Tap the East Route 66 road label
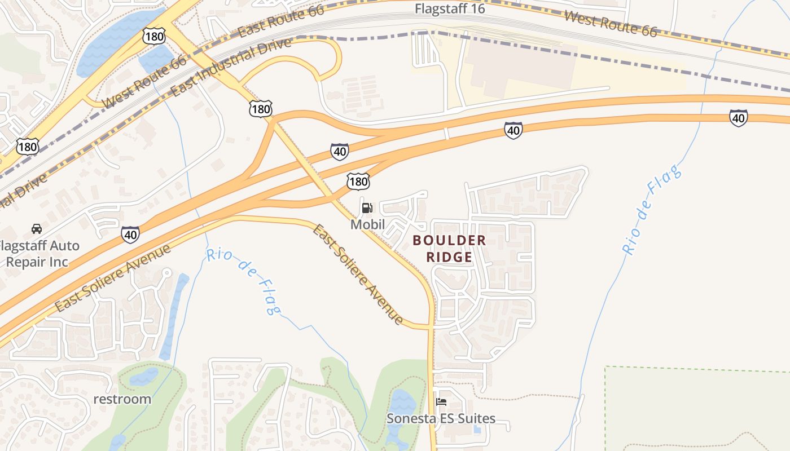pyautogui.click(x=281, y=23)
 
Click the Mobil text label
pyautogui.click(x=367, y=224)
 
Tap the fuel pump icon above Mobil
pyautogui.click(x=367, y=208)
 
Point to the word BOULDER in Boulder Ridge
pyautogui.click(x=449, y=240)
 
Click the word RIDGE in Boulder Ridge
pyautogui.click(x=449, y=257)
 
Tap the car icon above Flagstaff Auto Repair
pyautogui.click(x=37, y=229)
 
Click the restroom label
pyautogui.click(x=122, y=399)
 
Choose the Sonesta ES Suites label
pyautogui.click(x=441, y=418)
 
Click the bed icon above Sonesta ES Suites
pyautogui.click(x=441, y=402)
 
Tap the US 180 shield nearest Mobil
pyautogui.click(x=358, y=181)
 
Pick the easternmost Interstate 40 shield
pyautogui.click(x=738, y=118)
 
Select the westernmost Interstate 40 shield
pyautogui.click(x=130, y=234)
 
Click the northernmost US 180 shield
pyautogui.click(x=154, y=37)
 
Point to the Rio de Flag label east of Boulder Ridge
pyautogui.click(x=652, y=211)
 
